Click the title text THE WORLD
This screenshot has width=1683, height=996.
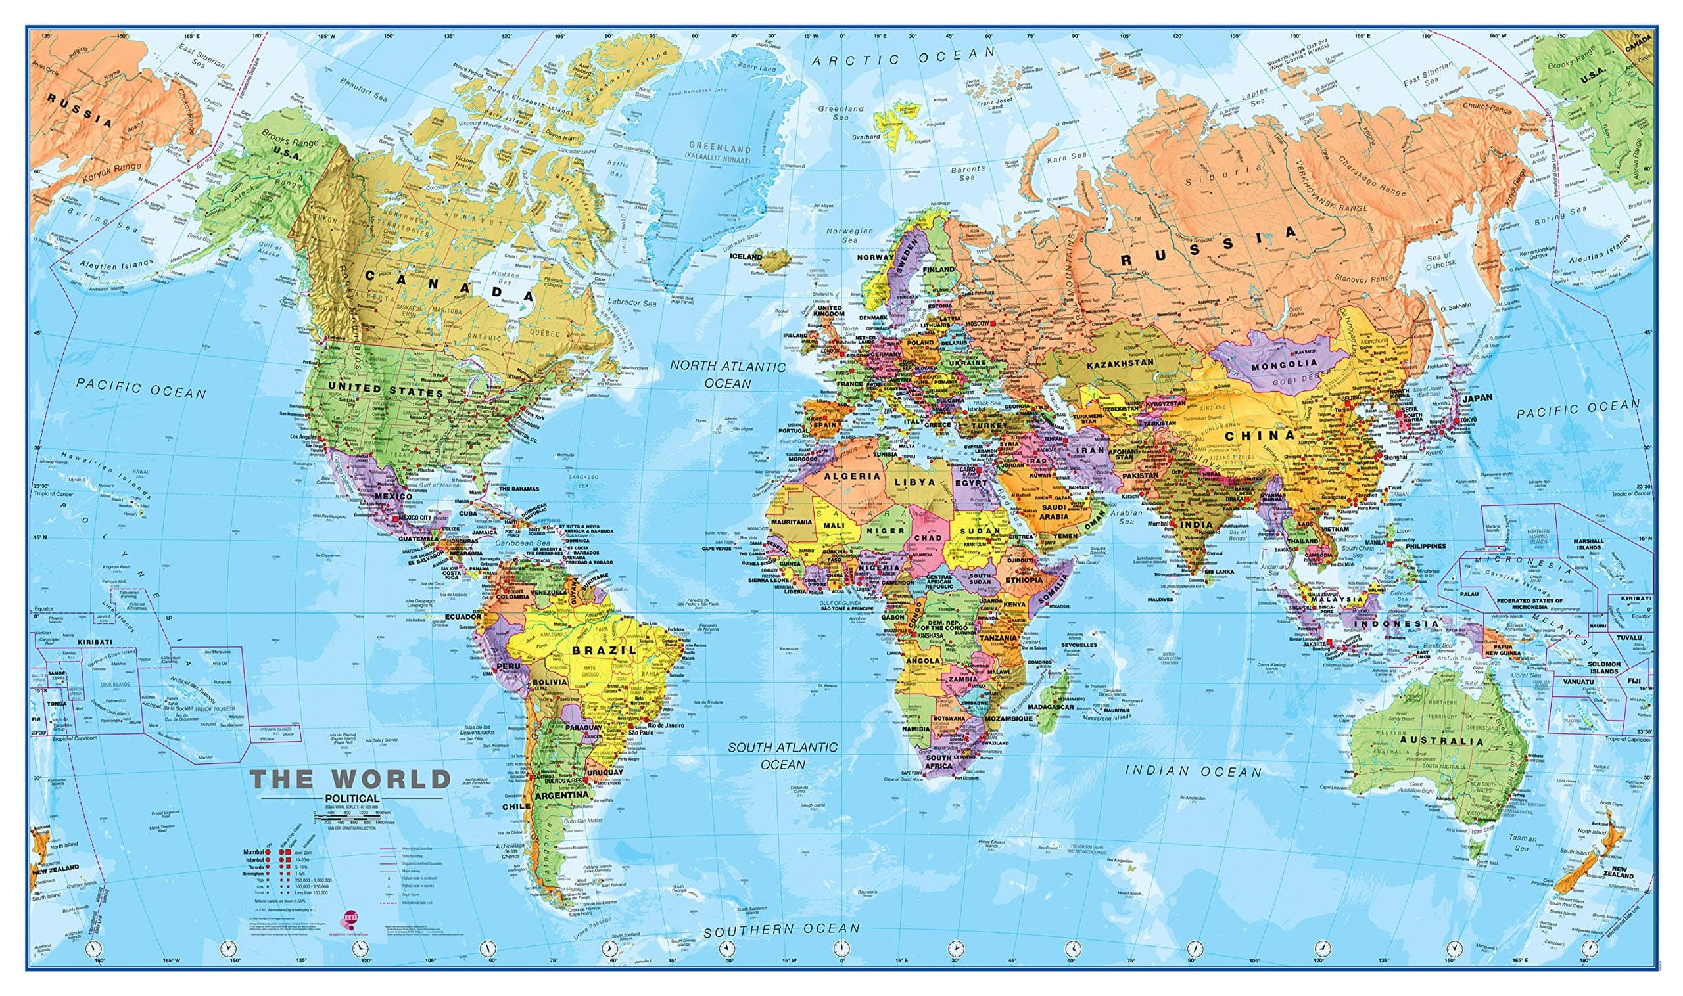(350, 779)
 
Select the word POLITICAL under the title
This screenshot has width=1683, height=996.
(351, 799)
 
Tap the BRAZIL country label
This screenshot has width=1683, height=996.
(604, 650)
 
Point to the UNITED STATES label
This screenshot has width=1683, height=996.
(385, 390)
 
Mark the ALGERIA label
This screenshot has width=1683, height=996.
(851, 476)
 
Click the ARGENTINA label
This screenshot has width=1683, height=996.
(561, 794)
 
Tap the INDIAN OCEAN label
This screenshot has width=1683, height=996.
(1193, 772)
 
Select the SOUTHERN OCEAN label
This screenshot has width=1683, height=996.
(781, 930)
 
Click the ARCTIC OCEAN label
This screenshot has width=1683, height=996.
(903, 57)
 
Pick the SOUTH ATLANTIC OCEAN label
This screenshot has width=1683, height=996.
(783, 756)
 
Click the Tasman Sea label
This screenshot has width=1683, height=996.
(1517, 842)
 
